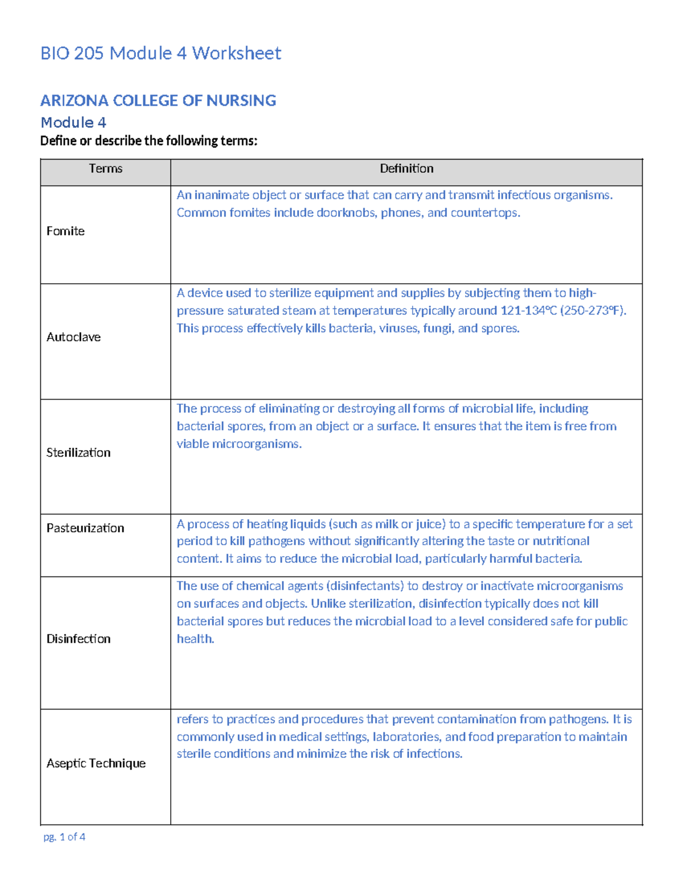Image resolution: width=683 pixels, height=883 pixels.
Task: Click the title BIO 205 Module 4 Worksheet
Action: (x=161, y=53)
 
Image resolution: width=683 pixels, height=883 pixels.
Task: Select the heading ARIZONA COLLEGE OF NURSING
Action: (x=158, y=101)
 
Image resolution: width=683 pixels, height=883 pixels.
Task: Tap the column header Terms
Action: (x=105, y=169)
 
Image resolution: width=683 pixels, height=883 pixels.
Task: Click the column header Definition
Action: (x=406, y=169)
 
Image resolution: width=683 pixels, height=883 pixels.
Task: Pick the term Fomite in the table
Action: (x=65, y=231)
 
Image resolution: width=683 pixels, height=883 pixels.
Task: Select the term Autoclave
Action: (x=73, y=337)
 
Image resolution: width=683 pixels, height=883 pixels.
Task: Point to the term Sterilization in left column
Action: (x=79, y=453)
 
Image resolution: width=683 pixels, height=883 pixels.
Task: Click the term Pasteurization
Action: (x=85, y=528)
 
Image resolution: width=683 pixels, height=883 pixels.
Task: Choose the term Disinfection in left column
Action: (x=79, y=639)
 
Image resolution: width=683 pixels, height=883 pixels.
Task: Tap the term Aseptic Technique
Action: (x=96, y=764)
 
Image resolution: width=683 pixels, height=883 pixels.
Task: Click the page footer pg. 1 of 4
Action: (x=64, y=837)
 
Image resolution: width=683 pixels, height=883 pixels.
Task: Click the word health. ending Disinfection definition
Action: (x=195, y=639)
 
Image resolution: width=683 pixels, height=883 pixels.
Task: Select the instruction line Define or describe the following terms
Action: (x=149, y=141)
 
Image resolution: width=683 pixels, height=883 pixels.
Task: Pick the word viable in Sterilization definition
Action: (x=192, y=444)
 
